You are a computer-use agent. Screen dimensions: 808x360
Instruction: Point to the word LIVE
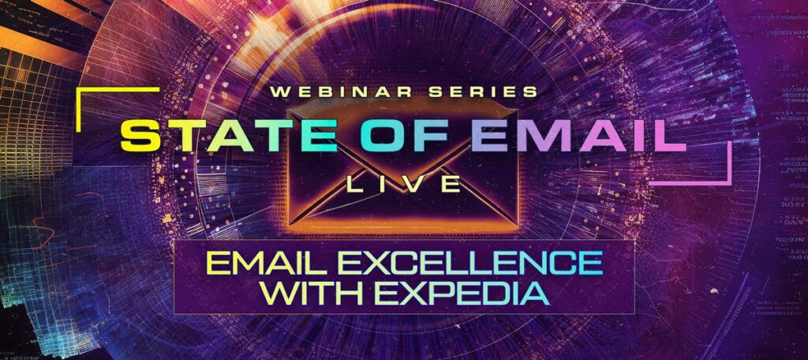[x=403, y=185]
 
